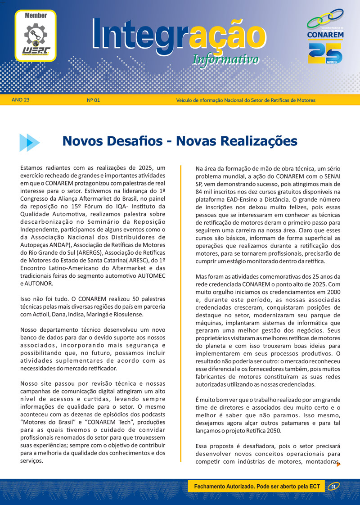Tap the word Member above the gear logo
pyautogui.click(x=36, y=15)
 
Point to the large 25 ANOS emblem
pyautogui.click(x=325, y=53)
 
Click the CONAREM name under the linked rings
pyautogui.click(x=325, y=35)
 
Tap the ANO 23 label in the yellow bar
pyautogui.click(x=21, y=99)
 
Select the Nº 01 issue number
pyautogui.click(x=93, y=100)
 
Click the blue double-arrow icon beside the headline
pyautogui.click(x=29, y=142)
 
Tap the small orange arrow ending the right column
pyautogui.click(x=338, y=464)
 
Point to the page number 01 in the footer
pyautogui.click(x=333, y=487)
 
